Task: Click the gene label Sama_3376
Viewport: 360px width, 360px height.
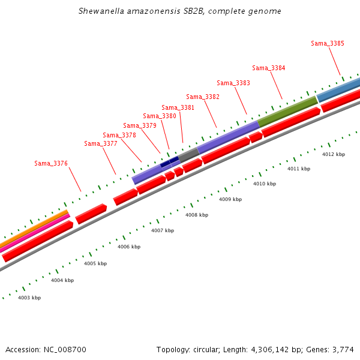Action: coord(51,163)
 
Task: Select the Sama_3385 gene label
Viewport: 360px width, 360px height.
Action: coord(328,43)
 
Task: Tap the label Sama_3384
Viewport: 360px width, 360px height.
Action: coord(269,68)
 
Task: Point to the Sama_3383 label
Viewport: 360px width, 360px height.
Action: coord(233,83)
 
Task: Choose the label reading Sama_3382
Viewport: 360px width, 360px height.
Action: coord(203,97)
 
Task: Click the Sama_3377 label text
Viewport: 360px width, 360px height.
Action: coord(101,143)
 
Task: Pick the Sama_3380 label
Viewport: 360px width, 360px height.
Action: coord(160,116)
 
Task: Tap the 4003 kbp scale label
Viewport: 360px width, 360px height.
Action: coord(29,298)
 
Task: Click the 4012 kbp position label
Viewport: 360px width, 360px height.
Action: coord(334,154)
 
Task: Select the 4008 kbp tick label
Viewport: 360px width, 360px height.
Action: coord(197,215)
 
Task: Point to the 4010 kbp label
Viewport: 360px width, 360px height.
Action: coord(265,184)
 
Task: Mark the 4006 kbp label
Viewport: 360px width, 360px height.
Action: coord(129,247)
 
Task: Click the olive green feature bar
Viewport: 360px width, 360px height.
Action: coord(288,112)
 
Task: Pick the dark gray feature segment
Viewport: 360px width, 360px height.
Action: coord(189,154)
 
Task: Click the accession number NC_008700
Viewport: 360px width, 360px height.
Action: coord(65,349)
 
